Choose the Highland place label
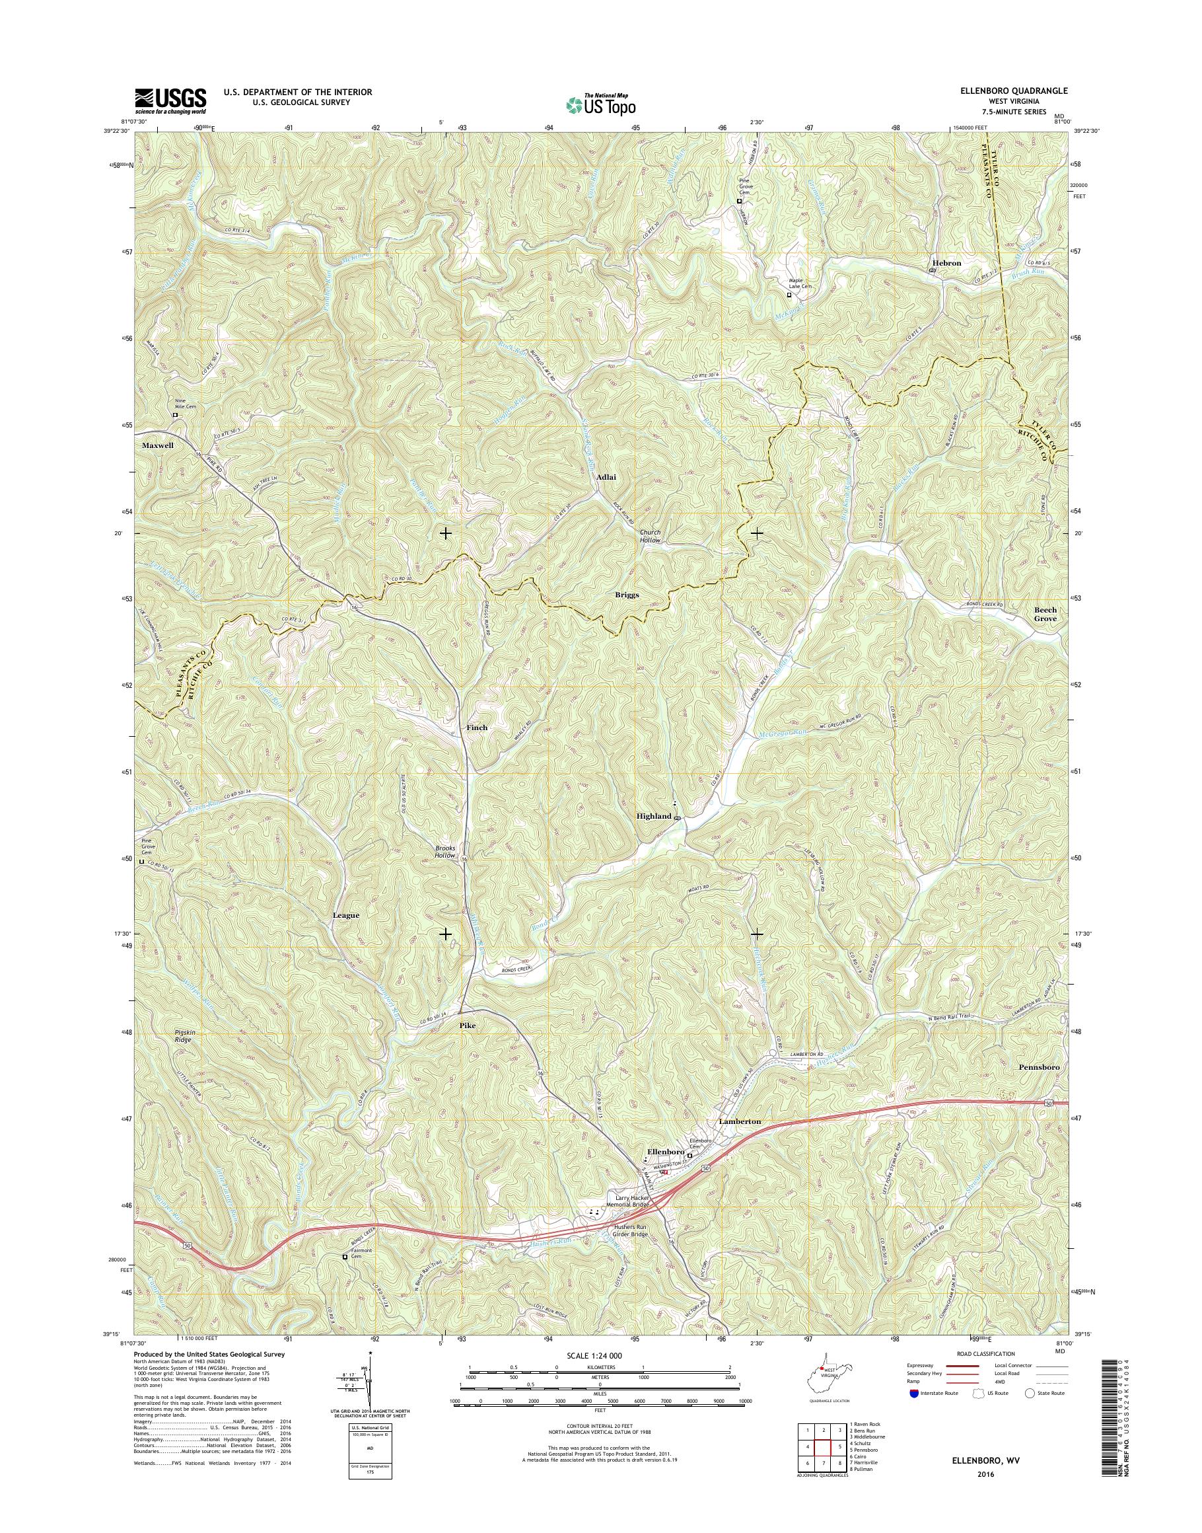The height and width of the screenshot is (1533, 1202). (x=654, y=816)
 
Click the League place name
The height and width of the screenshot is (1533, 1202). (x=345, y=915)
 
